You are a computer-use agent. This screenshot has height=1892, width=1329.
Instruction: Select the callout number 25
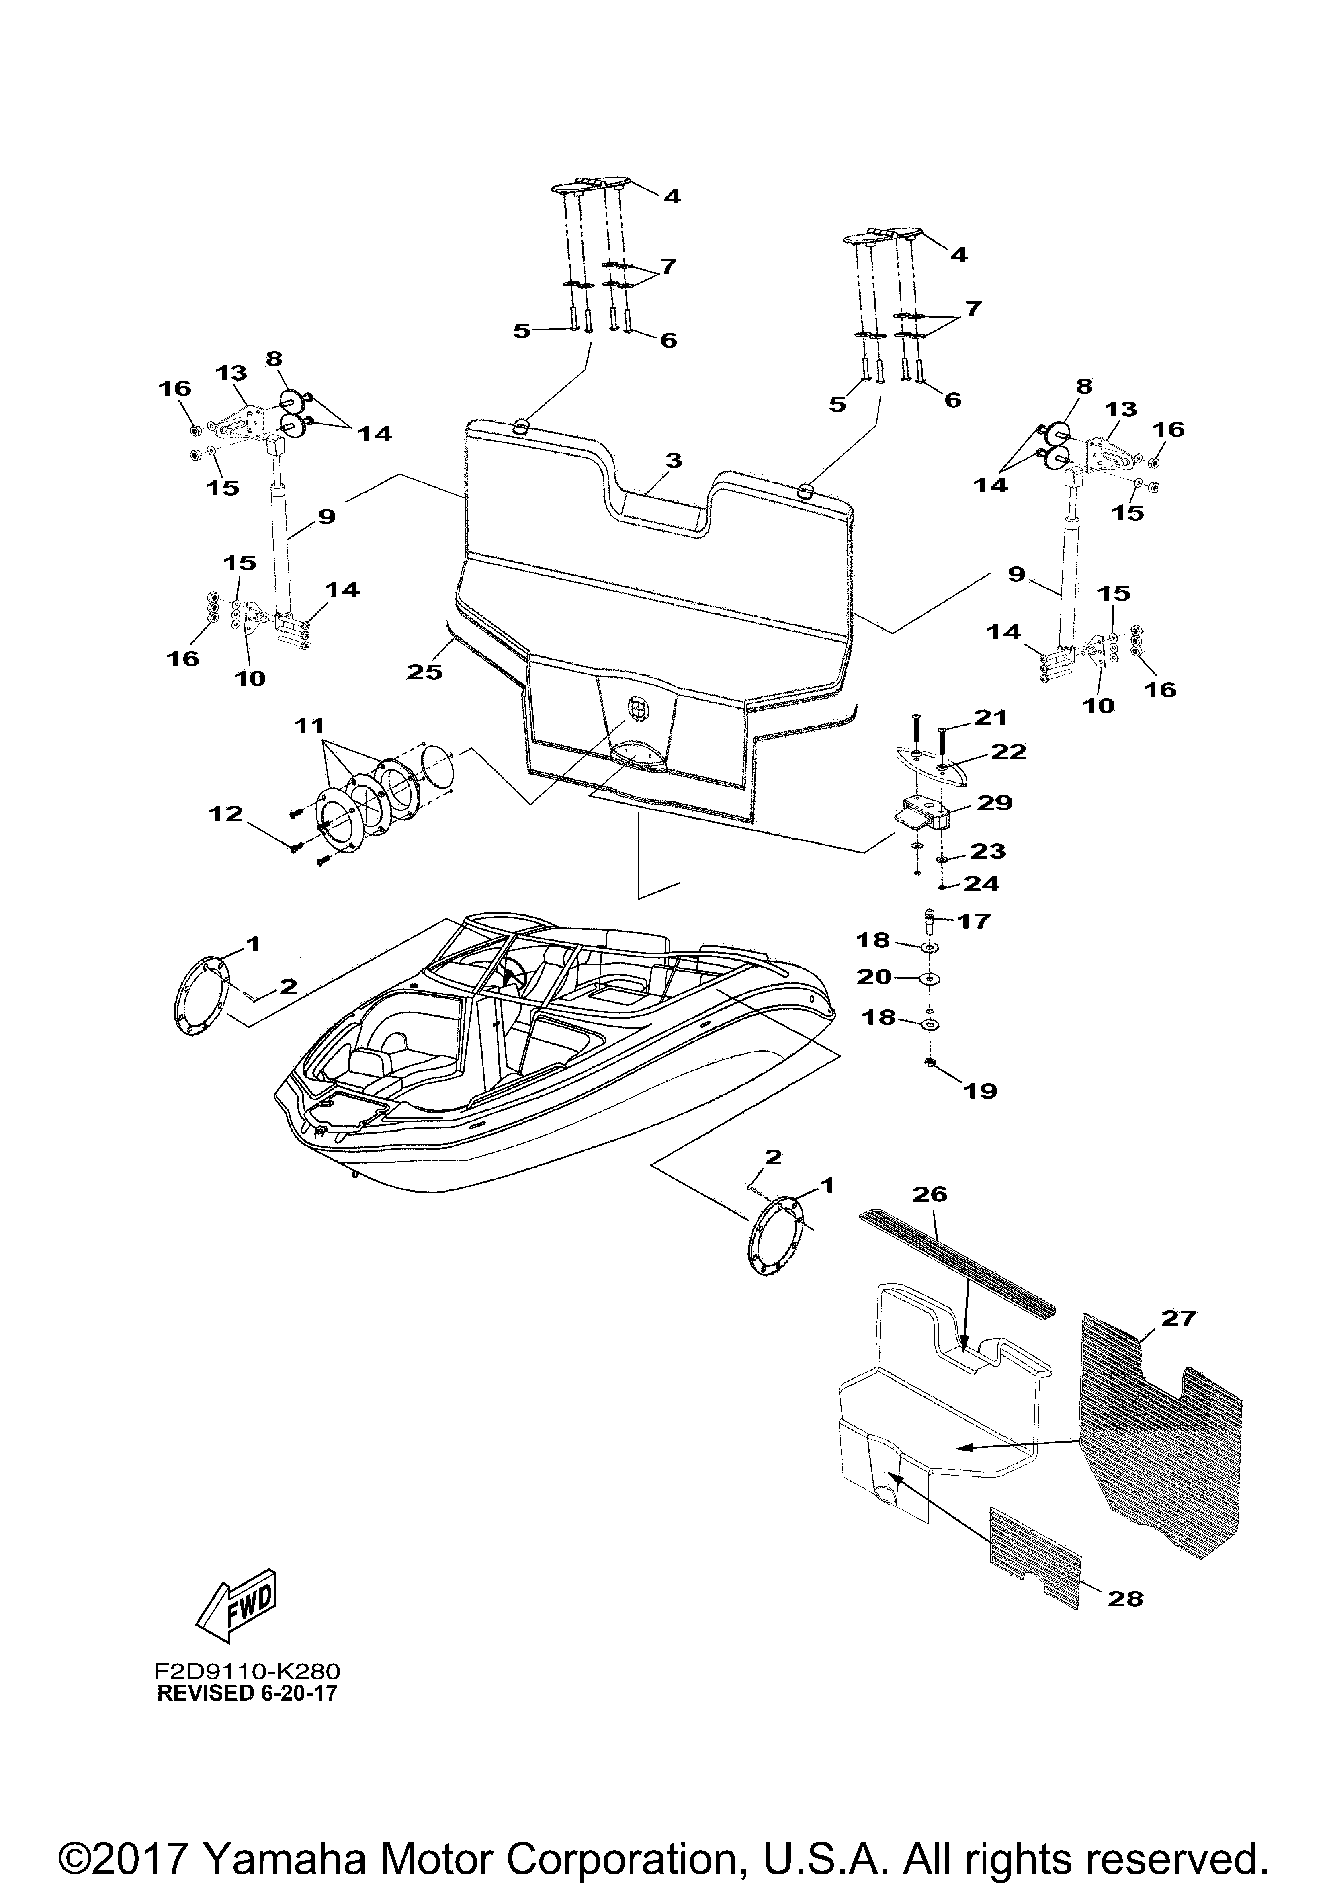(424, 672)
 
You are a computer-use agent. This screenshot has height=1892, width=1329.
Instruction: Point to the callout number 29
(994, 802)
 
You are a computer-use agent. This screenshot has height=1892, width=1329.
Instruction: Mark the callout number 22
(1010, 751)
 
